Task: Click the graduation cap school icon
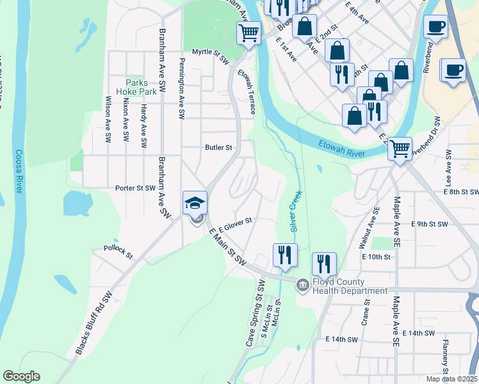[x=195, y=203]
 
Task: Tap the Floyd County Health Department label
[x=349, y=286]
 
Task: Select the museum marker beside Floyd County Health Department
[x=302, y=284]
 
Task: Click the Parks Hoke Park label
[x=137, y=87]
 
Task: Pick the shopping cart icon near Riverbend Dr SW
[x=400, y=149]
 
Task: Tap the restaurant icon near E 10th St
[x=324, y=263]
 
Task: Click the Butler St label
[x=218, y=147]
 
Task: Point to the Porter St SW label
[x=135, y=188]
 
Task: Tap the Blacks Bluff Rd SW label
[x=93, y=323]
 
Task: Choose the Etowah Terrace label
[x=247, y=92]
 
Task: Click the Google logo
[x=21, y=376]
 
